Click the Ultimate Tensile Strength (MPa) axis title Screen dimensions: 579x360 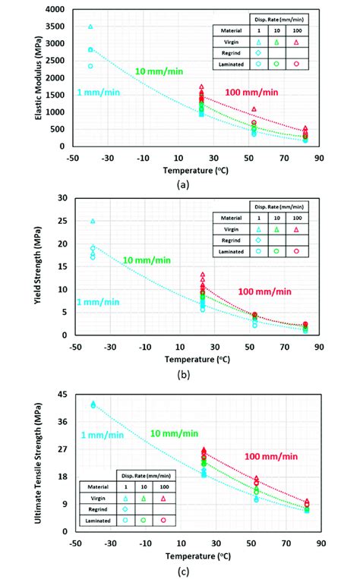pyautogui.click(x=47, y=462)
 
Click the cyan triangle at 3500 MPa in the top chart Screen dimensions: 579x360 pyautogui.click(x=90, y=27)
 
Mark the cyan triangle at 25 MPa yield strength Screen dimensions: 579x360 pyautogui.click(x=93, y=221)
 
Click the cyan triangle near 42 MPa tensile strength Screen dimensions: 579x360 pyautogui.click(x=93, y=404)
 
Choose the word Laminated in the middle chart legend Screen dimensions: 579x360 pyautogui.click(x=230, y=250)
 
